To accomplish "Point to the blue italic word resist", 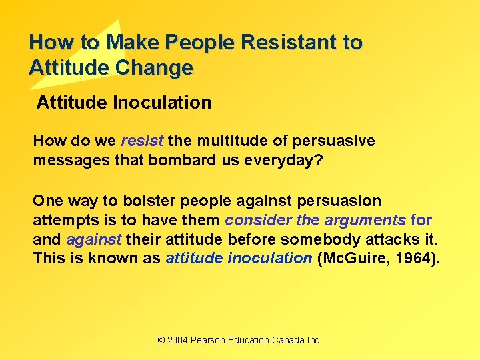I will click(143, 141).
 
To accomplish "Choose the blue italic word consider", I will click(257, 220).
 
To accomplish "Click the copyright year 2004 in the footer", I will click(178, 340).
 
